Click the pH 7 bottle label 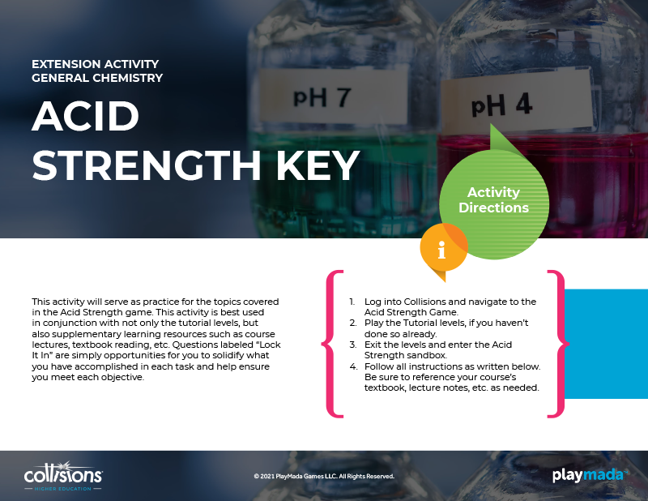tap(333, 97)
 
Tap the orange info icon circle tap(443, 248)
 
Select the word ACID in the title tap(86, 116)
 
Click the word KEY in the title tap(318, 165)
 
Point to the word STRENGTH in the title tap(147, 165)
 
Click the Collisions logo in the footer tap(63, 476)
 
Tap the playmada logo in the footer tap(590, 475)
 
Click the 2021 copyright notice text tap(324, 476)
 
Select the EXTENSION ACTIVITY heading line tap(95, 64)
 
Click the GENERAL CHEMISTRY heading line tap(97, 78)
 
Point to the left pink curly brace tap(333, 344)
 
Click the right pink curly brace tap(558, 344)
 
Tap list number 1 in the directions tap(352, 302)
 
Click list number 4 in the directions tap(353, 366)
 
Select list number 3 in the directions tap(353, 345)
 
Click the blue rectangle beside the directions tap(606, 344)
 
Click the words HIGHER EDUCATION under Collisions tap(63, 489)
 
